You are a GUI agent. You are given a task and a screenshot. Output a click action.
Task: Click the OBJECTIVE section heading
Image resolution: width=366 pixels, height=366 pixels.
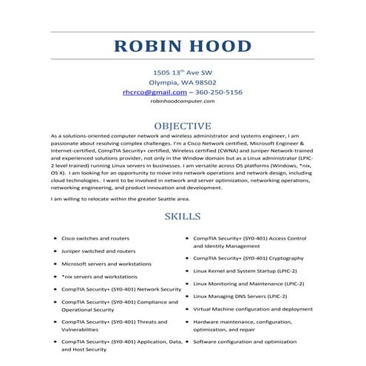point(182,126)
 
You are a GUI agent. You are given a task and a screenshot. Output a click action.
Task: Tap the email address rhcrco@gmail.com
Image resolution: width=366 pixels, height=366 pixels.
point(155,92)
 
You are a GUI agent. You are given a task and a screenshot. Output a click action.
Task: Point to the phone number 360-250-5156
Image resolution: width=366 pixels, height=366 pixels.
point(219,92)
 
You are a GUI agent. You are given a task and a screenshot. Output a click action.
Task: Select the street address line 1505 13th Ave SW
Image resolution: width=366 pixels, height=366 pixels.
point(182,72)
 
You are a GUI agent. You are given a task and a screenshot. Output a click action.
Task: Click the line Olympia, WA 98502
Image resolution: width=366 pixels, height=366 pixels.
point(182,82)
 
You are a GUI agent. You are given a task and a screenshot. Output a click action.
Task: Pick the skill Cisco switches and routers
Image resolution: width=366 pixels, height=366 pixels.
point(95,238)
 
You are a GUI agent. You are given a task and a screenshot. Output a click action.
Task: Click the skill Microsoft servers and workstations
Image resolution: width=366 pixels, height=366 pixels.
point(106,264)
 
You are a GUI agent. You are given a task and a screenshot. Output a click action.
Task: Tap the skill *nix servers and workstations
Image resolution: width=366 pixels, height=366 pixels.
point(99,277)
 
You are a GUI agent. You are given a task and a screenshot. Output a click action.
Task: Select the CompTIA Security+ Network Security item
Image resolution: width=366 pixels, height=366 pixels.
point(121,289)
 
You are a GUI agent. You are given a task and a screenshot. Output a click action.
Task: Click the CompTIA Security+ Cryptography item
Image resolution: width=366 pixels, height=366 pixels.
point(248,258)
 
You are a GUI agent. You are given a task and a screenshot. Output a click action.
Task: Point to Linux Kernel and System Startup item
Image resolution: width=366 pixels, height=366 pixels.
point(240,271)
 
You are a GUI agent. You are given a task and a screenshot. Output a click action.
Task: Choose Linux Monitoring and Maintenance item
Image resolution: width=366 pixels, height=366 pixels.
point(248,283)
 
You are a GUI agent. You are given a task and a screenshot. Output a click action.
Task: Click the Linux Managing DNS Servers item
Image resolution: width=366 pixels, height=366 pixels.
point(240,296)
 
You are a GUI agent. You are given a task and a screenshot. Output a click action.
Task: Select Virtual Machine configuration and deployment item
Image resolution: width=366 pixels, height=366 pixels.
point(253,309)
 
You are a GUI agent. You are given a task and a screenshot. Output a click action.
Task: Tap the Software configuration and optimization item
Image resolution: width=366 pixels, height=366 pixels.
point(245,342)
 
